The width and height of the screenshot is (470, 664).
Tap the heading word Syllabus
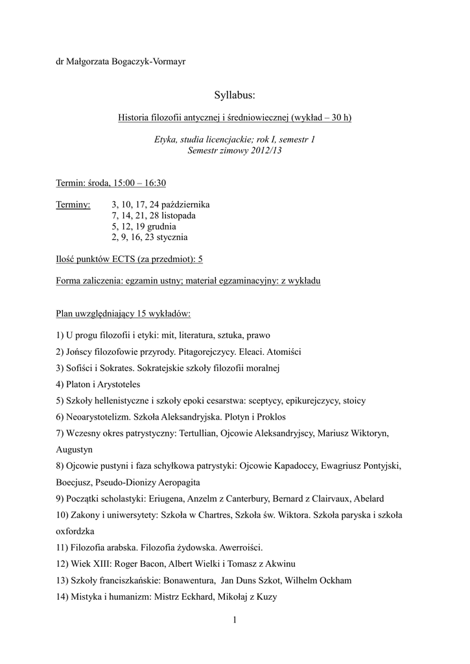pos(235,97)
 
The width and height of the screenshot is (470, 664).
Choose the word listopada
pos(173,215)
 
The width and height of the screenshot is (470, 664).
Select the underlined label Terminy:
pos(73,204)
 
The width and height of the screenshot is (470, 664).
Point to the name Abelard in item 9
pos(369,499)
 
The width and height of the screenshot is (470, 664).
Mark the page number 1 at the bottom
pos(235,621)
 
